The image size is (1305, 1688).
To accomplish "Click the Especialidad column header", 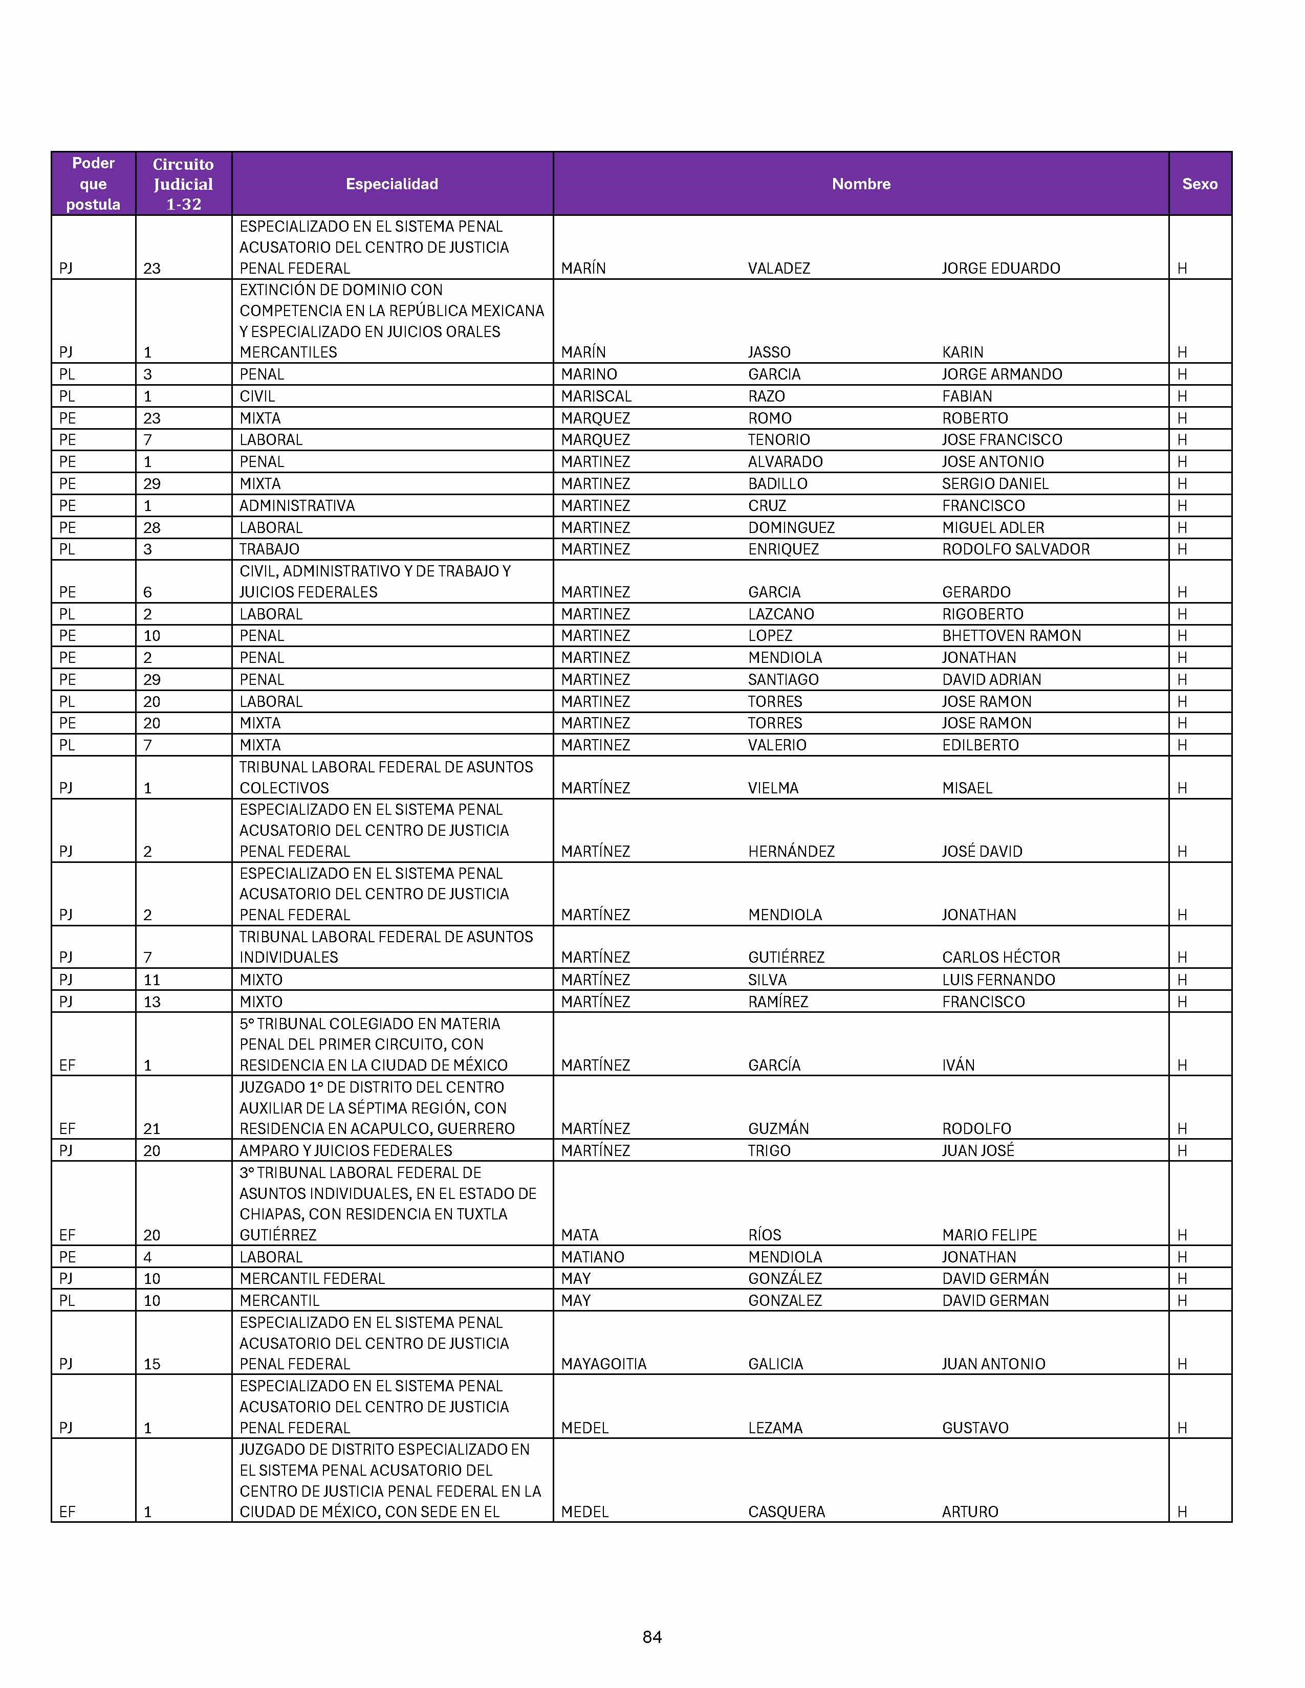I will click(x=392, y=184).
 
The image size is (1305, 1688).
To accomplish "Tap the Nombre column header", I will click(x=860, y=184).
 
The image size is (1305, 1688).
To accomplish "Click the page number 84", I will click(x=651, y=1636).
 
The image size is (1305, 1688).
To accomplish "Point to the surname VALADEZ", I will click(x=778, y=268).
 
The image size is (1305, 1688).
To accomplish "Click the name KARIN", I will click(x=963, y=352).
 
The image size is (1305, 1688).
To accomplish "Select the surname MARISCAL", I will click(x=596, y=396).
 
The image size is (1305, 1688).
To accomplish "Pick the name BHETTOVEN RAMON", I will click(x=1011, y=636).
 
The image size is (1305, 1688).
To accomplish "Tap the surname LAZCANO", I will click(x=781, y=614).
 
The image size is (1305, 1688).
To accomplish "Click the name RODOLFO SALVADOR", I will click(x=1015, y=549).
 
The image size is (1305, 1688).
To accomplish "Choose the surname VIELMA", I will click(x=773, y=788).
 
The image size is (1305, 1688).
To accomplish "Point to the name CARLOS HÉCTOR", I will click(x=1000, y=958).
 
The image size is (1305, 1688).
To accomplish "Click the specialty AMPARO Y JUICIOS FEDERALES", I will click(x=345, y=1151).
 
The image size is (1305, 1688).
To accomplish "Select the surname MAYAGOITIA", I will click(x=603, y=1364).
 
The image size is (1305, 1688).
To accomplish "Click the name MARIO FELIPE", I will click(x=989, y=1235).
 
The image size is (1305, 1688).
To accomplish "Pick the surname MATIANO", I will click(x=592, y=1257).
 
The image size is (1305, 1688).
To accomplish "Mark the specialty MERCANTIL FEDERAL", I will click(x=312, y=1279).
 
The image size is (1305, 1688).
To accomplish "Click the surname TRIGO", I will click(x=769, y=1151).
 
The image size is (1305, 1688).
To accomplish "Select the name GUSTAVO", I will click(x=975, y=1428).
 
